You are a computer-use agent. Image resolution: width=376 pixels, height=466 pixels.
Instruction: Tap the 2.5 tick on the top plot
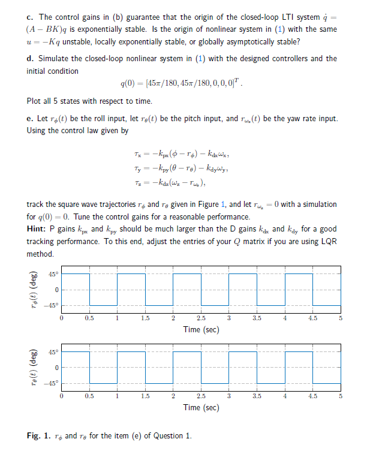(x=200, y=318)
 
